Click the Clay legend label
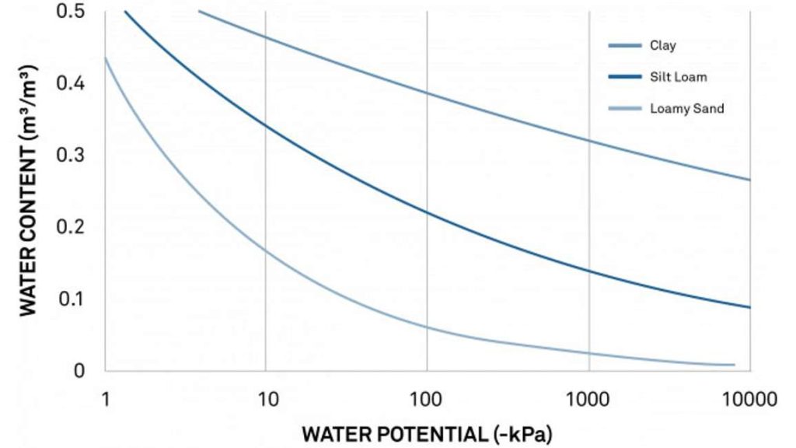coord(663,46)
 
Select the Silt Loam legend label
coord(679,77)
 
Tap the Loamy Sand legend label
coord(686,109)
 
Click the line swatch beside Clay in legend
coord(624,46)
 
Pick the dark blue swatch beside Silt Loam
coord(624,77)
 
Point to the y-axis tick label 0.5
coord(71,12)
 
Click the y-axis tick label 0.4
coord(71,83)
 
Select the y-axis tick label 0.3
coord(71,155)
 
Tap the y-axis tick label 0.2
coord(71,226)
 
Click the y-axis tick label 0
coord(79,370)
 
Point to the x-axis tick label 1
coord(105,400)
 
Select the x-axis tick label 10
coord(266,400)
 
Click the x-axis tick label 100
coord(427,400)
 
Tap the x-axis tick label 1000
coord(588,400)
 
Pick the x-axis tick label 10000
coord(749,400)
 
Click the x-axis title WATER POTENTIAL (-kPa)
coord(427,433)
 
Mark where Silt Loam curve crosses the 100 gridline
coord(427,211)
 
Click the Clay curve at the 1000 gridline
coord(588,141)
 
